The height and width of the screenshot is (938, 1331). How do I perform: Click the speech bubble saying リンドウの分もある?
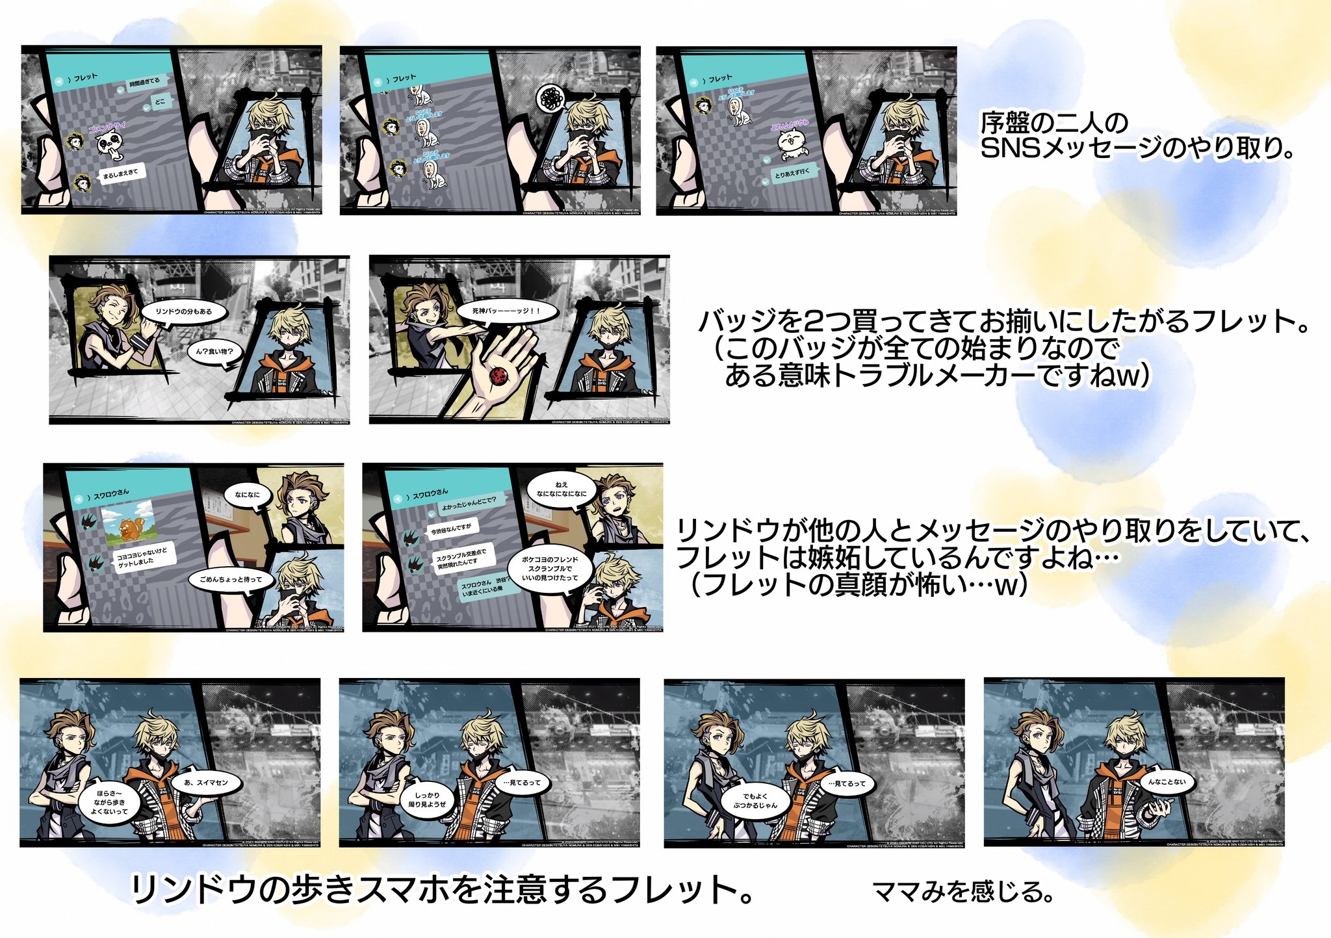pyautogui.click(x=184, y=311)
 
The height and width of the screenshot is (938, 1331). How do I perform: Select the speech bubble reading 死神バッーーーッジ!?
pyautogui.click(x=506, y=311)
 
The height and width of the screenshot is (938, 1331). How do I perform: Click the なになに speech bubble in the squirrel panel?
pyautogui.click(x=247, y=495)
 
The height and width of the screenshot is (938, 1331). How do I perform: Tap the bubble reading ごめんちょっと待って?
pyautogui.click(x=231, y=579)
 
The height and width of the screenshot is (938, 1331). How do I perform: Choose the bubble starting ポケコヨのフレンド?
pyautogui.click(x=550, y=569)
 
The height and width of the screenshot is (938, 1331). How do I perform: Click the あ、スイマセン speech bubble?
pyautogui.click(x=206, y=783)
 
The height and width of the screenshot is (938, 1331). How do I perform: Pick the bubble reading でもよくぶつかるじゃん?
pyautogui.click(x=755, y=801)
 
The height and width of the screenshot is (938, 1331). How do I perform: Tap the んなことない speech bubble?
pyautogui.click(x=1167, y=782)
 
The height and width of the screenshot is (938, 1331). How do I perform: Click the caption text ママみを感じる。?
pyautogui.click(x=962, y=891)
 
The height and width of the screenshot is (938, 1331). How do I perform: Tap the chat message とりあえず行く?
pyautogui.click(x=792, y=172)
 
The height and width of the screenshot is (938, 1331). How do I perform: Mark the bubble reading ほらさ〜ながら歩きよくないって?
pyautogui.click(x=109, y=803)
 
